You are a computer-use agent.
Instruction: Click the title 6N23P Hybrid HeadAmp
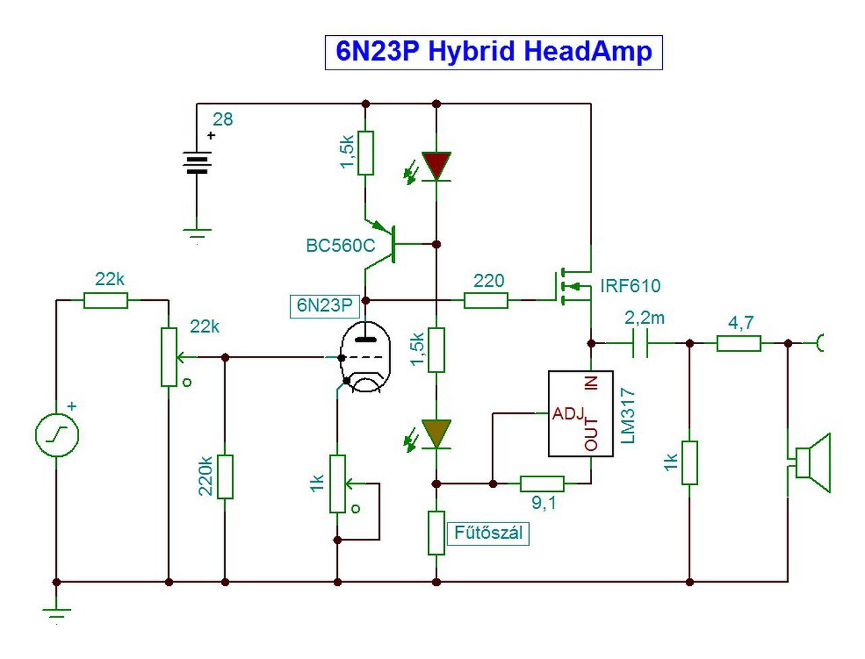pos(493,52)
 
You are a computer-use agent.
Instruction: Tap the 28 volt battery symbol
pos(197,162)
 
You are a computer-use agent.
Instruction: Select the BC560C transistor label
pos(340,245)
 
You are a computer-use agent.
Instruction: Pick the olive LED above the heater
pos(437,433)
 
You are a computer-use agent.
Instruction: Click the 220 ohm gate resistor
pos(486,300)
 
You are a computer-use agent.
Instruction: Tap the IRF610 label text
pos(630,286)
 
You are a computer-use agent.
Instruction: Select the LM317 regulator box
pos(580,413)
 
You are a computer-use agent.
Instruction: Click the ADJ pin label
pos(568,413)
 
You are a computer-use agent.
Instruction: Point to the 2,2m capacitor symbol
pos(640,343)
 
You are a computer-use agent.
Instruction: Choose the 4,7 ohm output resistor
pos(739,344)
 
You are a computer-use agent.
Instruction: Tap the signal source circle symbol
pos(57,435)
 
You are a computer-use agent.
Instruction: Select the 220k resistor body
pos(225,477)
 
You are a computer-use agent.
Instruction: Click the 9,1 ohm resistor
pos(542,483)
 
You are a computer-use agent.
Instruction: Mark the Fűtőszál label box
pos(488,533)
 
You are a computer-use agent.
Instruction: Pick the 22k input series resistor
pos(105,300)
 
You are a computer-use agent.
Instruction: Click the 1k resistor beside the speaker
pos(689,462)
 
